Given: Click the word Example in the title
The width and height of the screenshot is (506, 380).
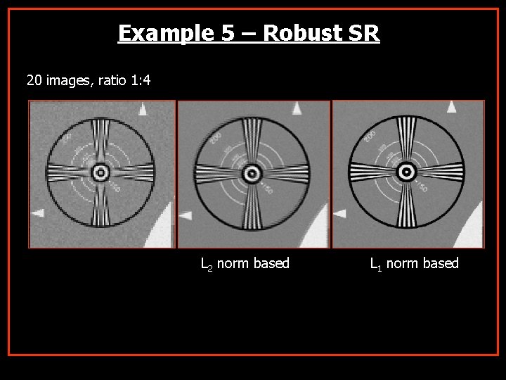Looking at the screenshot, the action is pos(156,33).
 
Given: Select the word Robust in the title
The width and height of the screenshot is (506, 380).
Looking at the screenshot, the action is pos(303,33).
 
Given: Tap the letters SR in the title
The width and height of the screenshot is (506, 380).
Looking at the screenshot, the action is pos(365,33).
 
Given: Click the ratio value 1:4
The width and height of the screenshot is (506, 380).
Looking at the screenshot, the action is pos(136,81).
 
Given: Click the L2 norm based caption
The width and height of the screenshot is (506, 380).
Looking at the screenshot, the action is pos(245,264).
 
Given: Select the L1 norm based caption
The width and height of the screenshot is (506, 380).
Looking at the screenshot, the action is pos(414,264).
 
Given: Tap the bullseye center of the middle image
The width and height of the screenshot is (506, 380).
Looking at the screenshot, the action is pos(251,172).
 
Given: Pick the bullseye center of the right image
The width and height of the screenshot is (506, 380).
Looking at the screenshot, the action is pos(406,172).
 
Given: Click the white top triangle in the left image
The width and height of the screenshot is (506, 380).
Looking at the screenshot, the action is pos(143,109).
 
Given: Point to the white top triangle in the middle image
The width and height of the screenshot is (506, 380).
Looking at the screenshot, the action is pos(297,108).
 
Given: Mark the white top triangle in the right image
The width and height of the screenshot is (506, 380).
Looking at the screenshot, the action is pos(451,107).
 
